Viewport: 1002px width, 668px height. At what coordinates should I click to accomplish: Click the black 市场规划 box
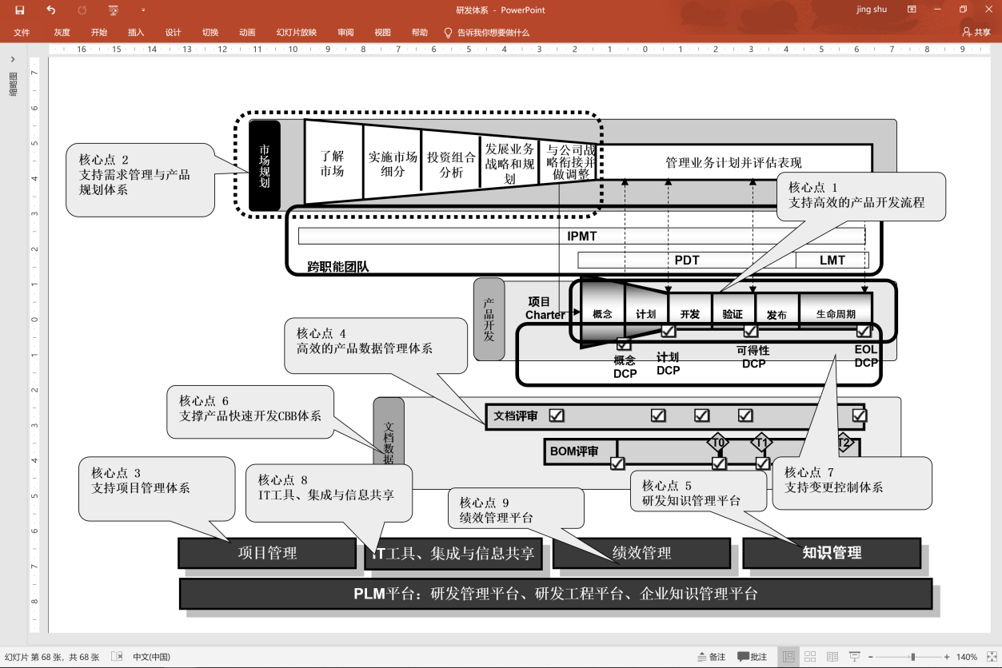pos(265,165)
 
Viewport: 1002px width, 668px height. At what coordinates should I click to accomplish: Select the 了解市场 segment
pos(333,163)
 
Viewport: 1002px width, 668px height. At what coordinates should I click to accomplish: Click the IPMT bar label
pos(581,237)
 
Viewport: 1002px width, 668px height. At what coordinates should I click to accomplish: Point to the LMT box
pos(832,260)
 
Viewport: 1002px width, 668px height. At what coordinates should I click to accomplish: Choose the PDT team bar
pos(686,260)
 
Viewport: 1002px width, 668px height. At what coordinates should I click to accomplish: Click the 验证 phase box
pos(733,314)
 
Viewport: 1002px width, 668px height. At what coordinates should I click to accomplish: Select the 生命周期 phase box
pos(835,314)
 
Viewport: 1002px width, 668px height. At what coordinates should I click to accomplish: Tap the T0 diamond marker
pos(718,443)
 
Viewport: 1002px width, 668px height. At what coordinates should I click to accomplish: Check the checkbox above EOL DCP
pos(864,331)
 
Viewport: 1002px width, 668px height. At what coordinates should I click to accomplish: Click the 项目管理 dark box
pos(267,553)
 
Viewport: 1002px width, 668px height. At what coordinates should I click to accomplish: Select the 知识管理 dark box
pos(832,553)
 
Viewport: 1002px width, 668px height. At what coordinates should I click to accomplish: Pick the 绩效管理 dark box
pos(641,553)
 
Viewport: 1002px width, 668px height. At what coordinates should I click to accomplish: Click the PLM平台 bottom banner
pos(556,594)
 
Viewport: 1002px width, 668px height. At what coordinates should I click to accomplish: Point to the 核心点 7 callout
pos(851,482)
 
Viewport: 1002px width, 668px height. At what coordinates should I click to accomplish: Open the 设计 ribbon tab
pos(173,33)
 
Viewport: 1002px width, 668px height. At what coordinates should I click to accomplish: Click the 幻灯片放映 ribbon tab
pos(297,33)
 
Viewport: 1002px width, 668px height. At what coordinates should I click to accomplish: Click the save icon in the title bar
pos(20,10)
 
